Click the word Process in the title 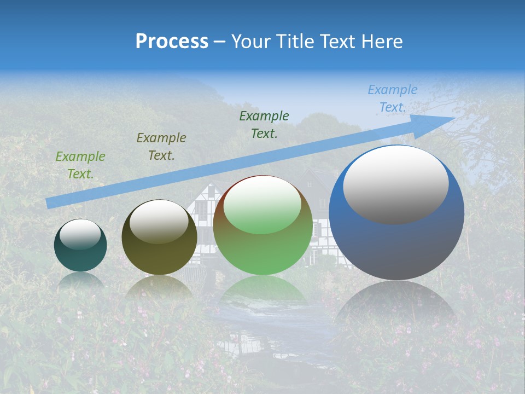tap(172, 41)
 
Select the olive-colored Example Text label tap(161, 147)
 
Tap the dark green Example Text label tap(264, 124)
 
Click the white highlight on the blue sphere tap(395, 184)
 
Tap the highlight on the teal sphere tap(80, 234)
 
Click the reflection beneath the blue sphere tap(396, 301)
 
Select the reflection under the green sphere tap(262, 290)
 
